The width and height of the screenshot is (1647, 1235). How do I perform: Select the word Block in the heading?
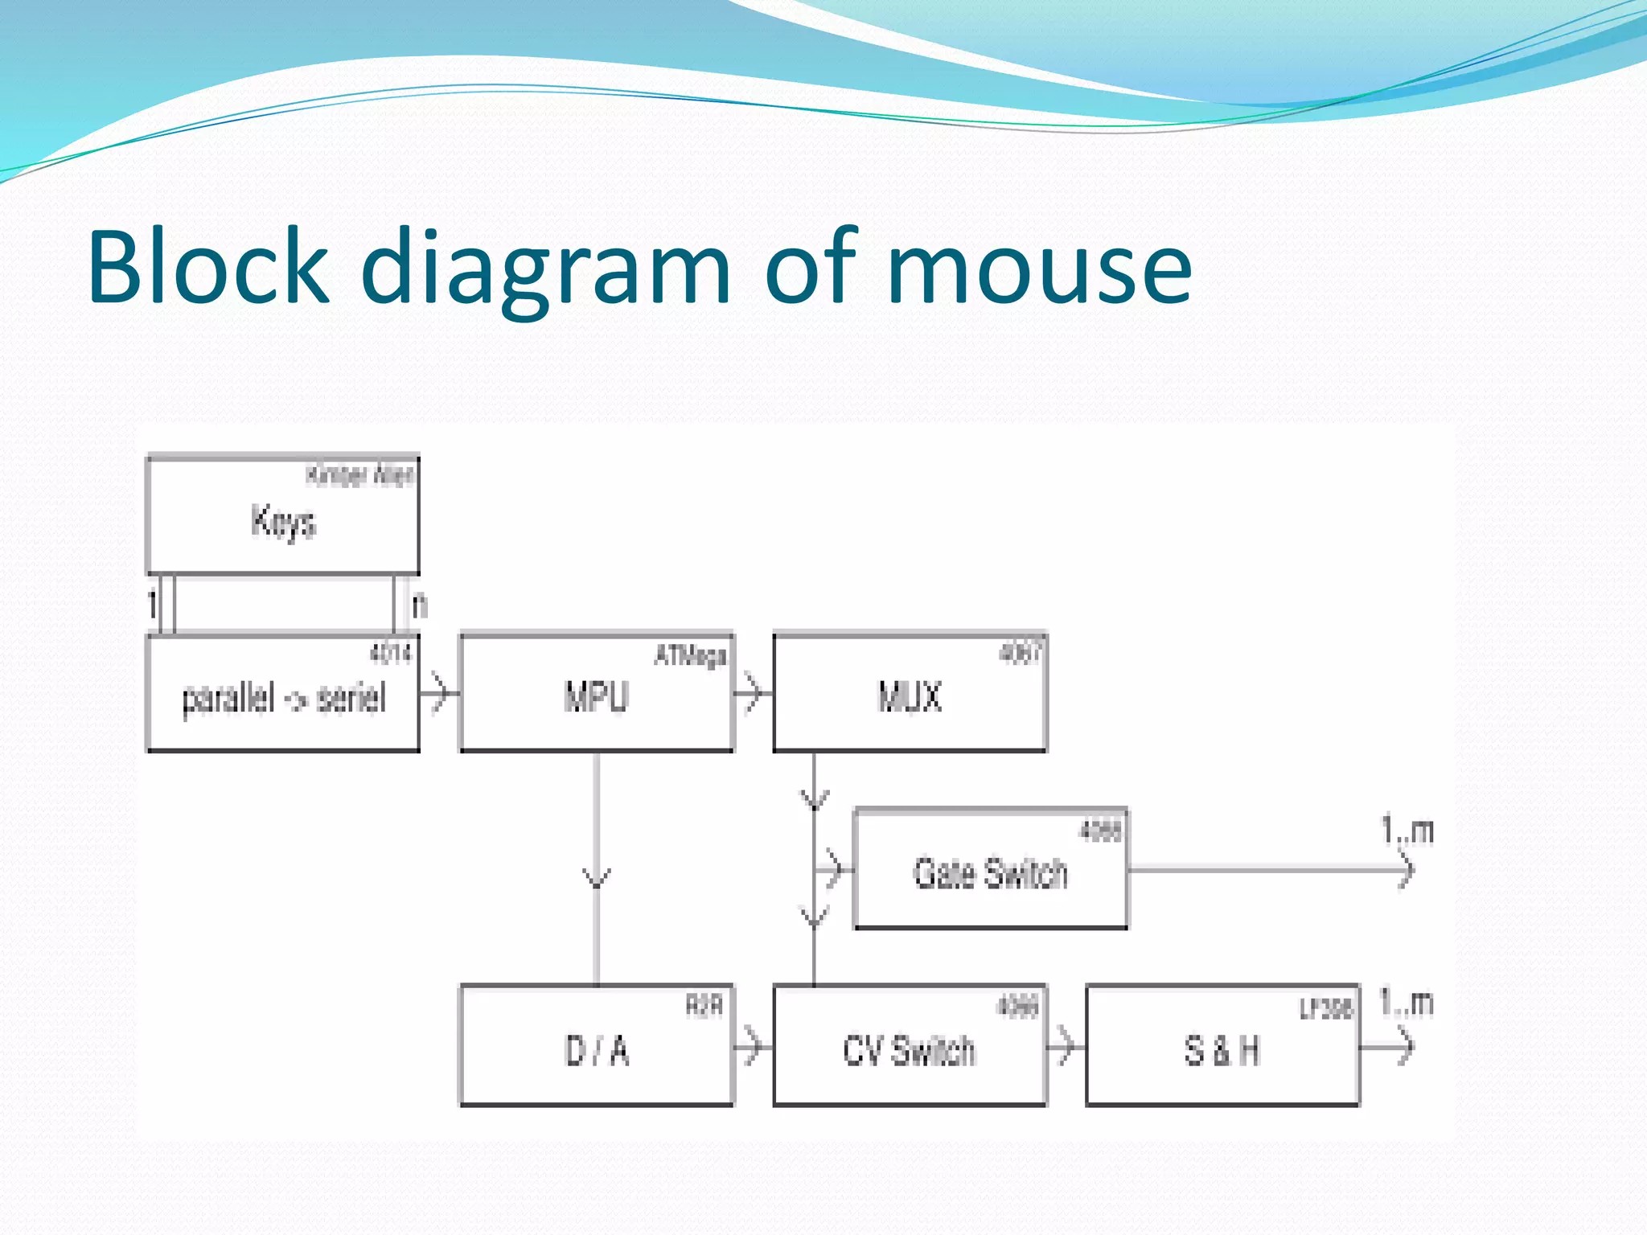[x=207, y=268]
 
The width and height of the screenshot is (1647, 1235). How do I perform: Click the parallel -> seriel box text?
[x=283, y=698]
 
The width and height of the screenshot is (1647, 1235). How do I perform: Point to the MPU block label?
[x=596, y=696]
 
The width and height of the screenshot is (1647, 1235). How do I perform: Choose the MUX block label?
[x=910, y=696]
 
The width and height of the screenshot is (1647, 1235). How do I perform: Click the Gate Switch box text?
[x=990, y=873]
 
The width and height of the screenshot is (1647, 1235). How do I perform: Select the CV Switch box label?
[x=910, y=1050]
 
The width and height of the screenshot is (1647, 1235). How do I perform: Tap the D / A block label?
[x=596, y=1050]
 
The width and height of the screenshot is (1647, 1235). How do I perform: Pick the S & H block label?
[x=1222, y=1050]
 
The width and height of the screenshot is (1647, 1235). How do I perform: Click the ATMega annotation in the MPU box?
[x=691, y=656]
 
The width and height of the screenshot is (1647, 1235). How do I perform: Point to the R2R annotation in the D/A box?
[x=704, y=1005]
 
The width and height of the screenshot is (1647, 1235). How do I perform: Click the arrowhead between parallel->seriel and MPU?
[x=439, y=692]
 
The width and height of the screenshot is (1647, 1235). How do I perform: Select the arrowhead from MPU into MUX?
[x=753, y=692]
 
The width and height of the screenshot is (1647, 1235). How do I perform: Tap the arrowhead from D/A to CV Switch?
[x=753, y=1046]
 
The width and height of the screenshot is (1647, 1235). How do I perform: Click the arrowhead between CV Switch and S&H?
[x=1066, y=1046]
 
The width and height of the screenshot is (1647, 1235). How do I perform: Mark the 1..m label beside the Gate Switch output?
[x=1407, y=830]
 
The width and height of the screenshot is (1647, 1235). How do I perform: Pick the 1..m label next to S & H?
[x=1407, y=1003]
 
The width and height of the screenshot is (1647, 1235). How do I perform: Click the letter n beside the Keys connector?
[x=419, y=605]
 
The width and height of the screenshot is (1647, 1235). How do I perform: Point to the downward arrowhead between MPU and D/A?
[x=596, y=878]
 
